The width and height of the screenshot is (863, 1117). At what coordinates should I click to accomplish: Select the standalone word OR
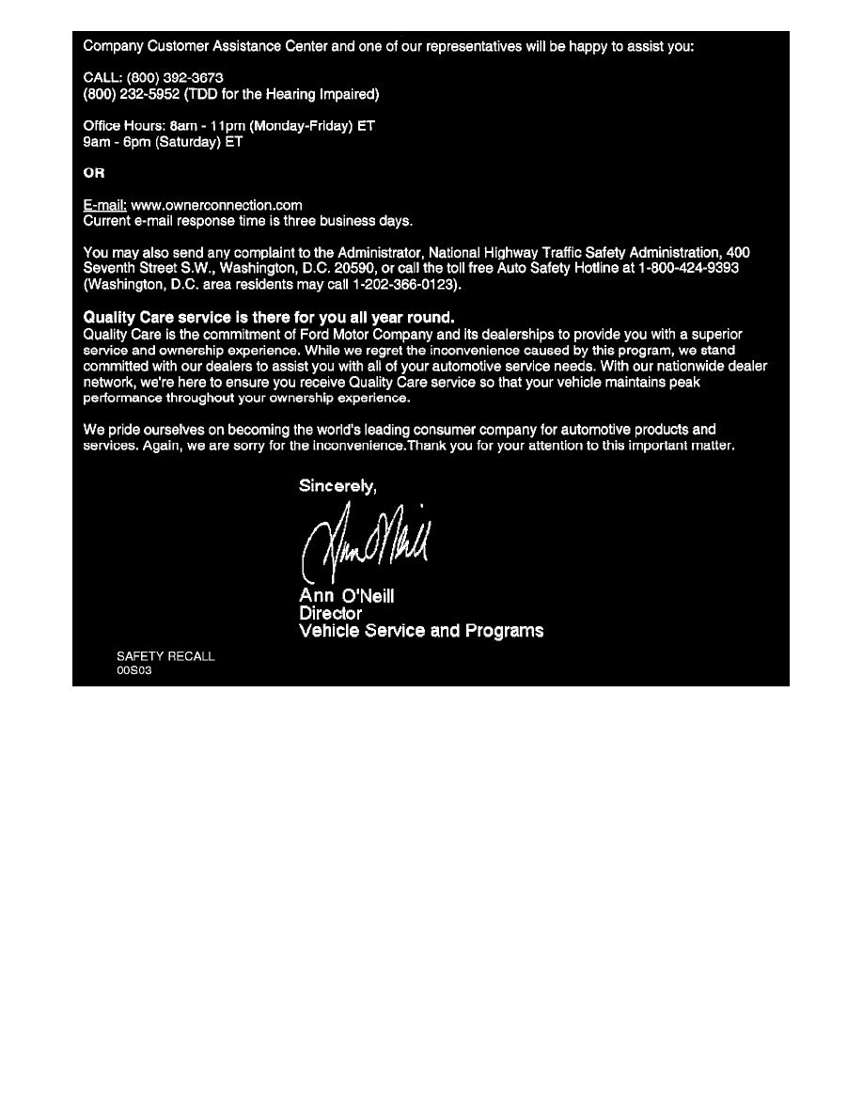click(x=94, y=173)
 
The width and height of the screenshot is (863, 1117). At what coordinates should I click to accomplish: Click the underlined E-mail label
click(x=104, y=205)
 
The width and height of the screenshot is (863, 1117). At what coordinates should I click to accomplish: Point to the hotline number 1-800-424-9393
click(x=684, y=268)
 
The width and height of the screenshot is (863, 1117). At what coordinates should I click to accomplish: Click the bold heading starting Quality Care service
click(x=269, y=318)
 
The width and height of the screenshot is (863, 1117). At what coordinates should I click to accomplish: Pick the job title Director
click(x=330, y=613)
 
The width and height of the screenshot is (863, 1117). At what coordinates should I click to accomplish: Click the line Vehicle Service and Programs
click(x=420, y=631)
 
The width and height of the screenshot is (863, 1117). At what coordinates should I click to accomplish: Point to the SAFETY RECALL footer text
click(x=165, y=656)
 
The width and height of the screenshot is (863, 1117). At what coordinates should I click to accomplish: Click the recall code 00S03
click(x=133, y=671)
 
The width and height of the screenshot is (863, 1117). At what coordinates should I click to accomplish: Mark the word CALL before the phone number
click(x=101, y=77)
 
